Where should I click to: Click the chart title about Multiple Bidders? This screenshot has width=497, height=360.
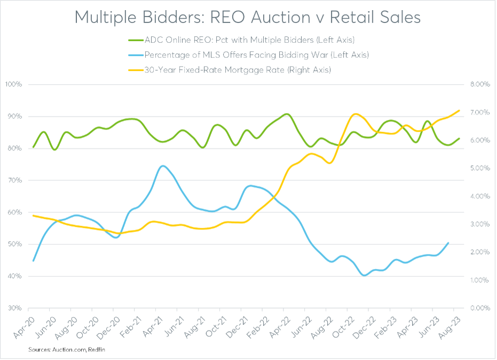(x=248, y=17)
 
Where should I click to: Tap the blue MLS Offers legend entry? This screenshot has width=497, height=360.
(x=248, y=54)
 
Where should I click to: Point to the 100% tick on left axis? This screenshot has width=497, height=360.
(x=12, y=85)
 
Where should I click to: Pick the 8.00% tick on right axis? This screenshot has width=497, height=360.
(x=478, y=85)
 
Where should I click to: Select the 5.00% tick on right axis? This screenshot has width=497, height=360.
(x=478, y=169)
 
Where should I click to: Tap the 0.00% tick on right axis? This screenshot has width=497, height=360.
(x=478, y=309)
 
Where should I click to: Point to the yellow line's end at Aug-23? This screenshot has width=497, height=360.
(x=459, y=110)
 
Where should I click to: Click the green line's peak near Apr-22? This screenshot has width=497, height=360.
(x=287, y=114)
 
